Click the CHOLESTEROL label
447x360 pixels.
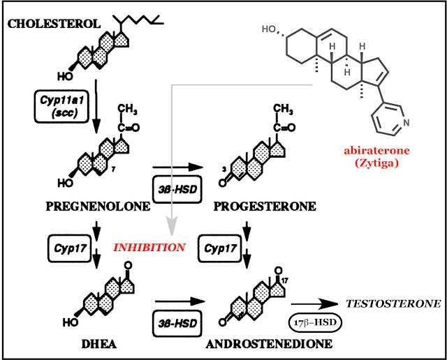point(54,24)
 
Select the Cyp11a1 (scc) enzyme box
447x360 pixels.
point(61,107)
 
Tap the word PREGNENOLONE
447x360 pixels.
point(98,207)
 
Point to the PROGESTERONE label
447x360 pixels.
point(265,207)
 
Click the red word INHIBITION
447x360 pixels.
point(149,248)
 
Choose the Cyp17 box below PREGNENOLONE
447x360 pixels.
point(70,248)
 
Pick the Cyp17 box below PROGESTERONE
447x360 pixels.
point(220,248)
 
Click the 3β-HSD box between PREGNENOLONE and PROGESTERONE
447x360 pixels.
point(177,189)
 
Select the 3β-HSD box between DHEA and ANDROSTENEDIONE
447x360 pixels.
point(177,324)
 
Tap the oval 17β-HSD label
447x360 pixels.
point(315,323)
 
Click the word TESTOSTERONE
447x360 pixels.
point(393,304)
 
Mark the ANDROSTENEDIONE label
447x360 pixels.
point(269,345)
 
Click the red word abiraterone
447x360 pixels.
point(376,151)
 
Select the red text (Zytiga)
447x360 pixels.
point(376,163)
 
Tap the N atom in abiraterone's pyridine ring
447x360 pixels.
point(406,123)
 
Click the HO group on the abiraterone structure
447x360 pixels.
point(269,29)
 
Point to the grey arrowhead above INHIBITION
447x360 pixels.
point(172,225)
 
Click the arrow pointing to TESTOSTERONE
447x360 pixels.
point(314,304)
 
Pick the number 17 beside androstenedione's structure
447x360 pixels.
point(285,281)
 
